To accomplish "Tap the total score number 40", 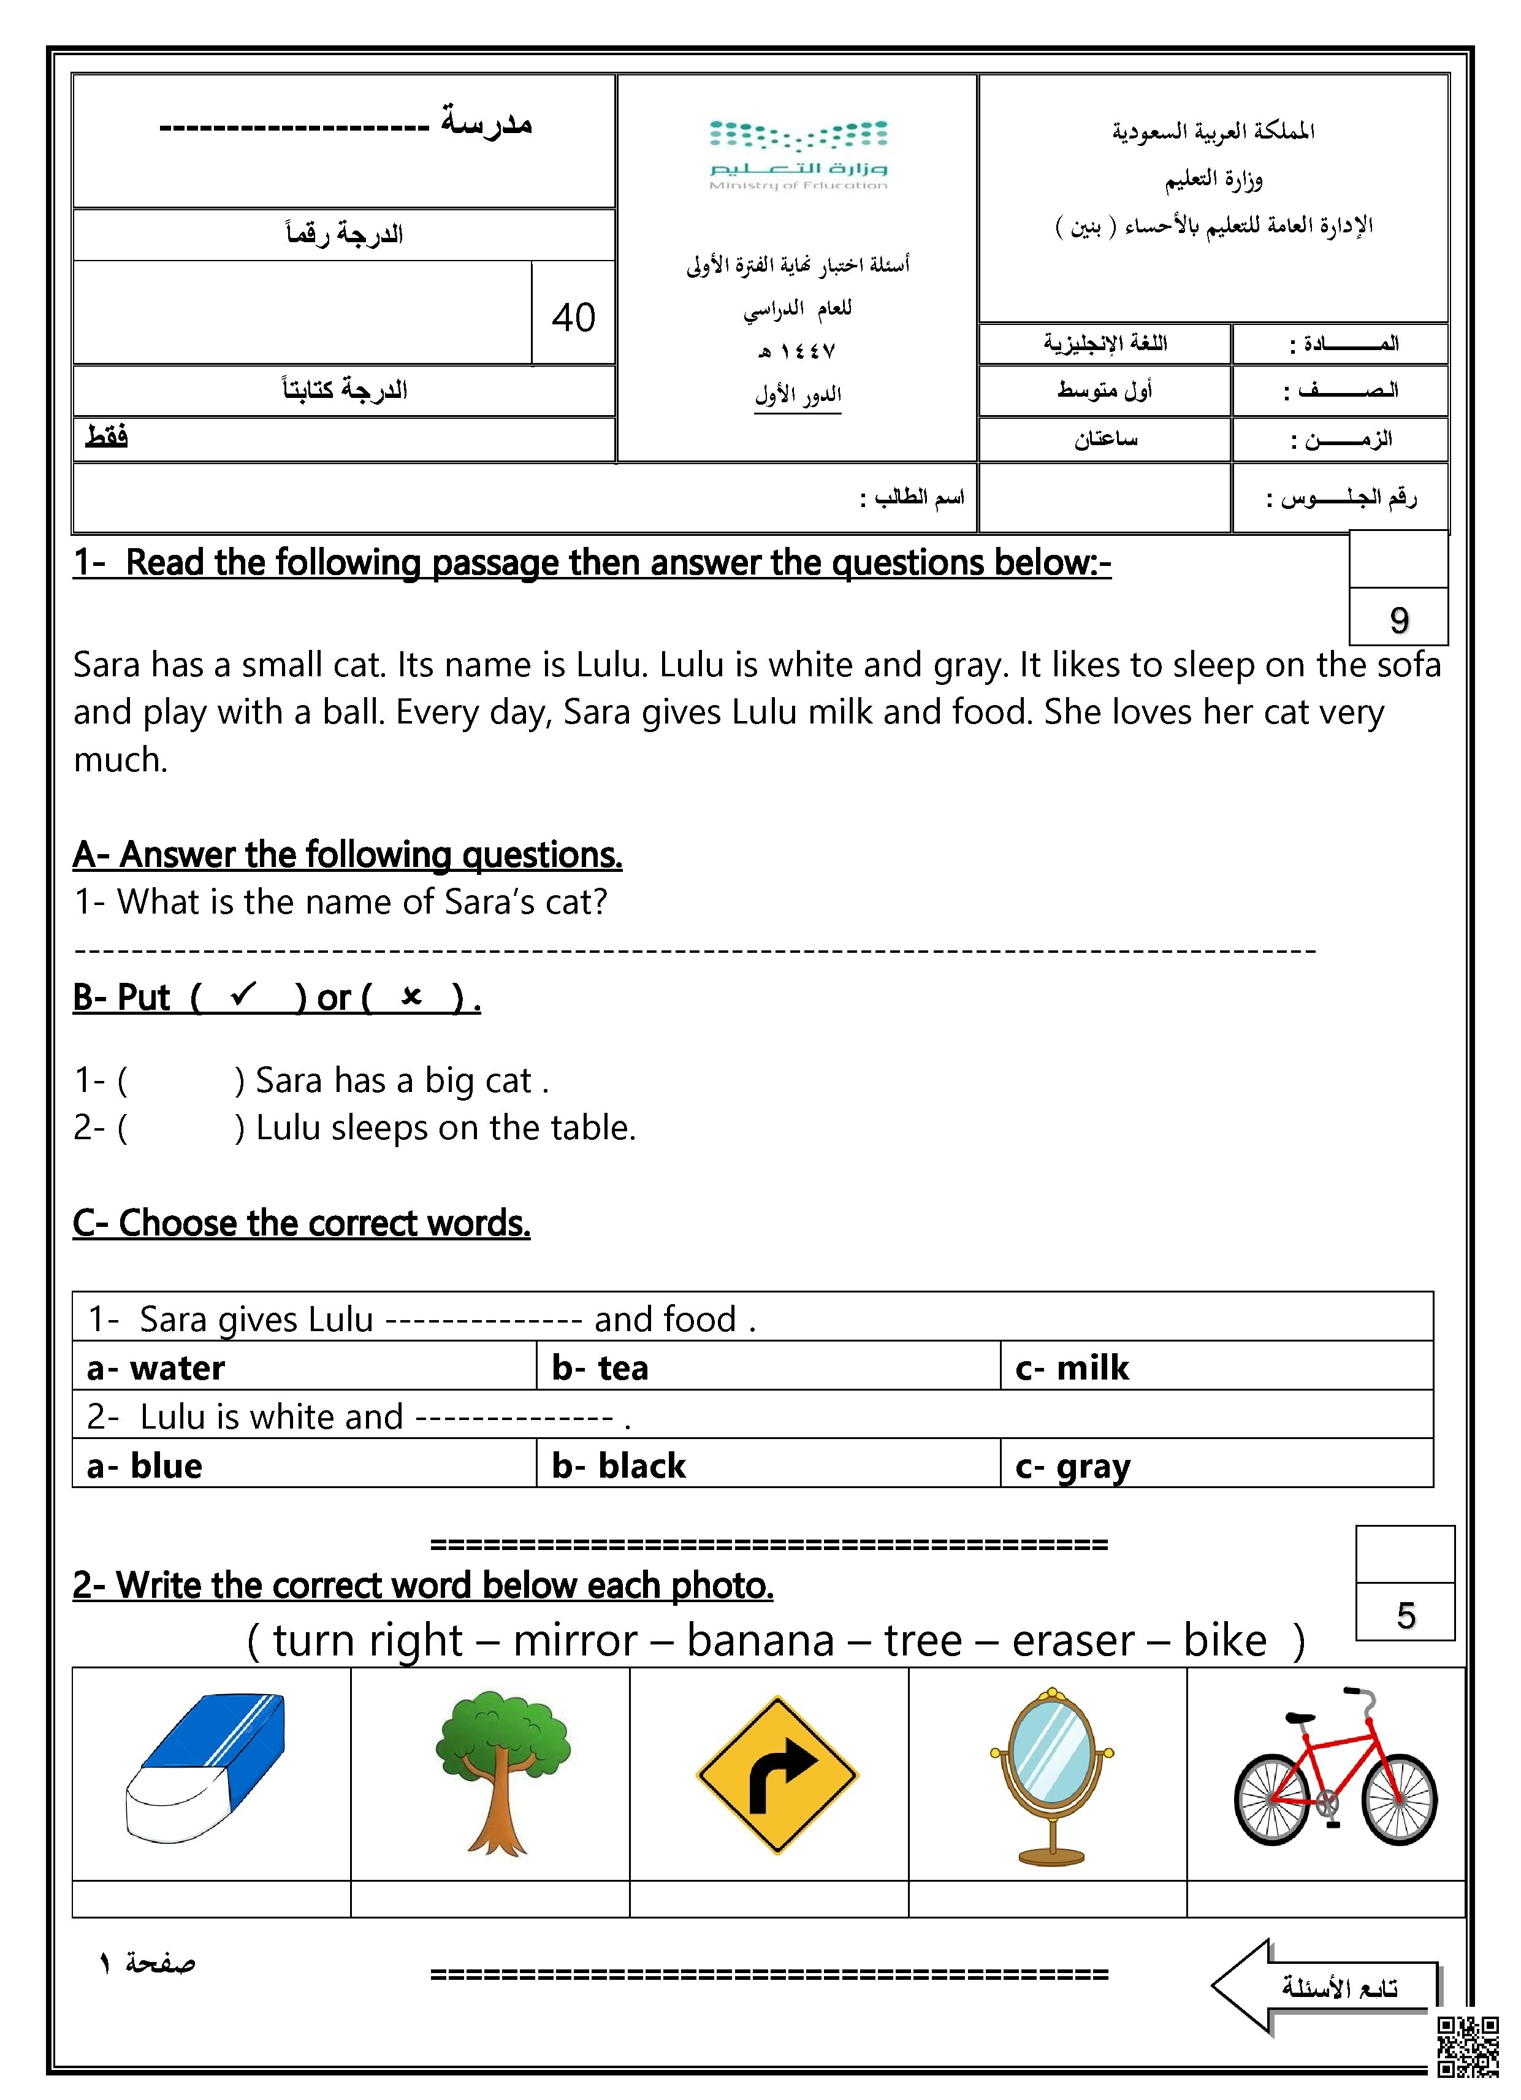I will [573, 318].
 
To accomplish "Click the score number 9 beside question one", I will [1399, 619].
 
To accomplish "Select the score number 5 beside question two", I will [1405, 1616].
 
